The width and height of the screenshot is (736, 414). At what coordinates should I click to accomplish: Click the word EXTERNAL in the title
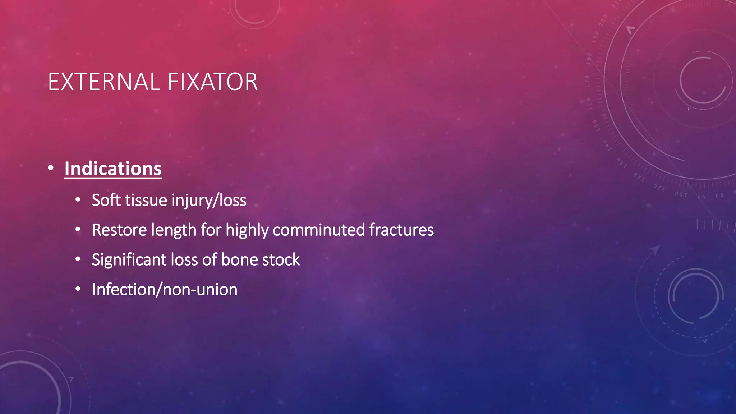pos(104,82)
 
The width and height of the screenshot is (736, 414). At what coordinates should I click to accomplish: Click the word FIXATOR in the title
pos(212,82)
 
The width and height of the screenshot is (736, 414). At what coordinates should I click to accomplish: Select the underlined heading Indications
pos(113,169)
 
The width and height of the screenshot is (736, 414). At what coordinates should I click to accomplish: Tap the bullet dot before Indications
pos(51,168)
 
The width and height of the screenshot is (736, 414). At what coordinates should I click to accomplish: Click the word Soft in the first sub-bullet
pos(106,200)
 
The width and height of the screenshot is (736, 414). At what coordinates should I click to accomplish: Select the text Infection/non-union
pos(165,290)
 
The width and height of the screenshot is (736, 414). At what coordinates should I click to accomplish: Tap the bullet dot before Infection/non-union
pos(78,289)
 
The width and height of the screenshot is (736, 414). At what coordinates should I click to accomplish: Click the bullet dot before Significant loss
pos(78,259)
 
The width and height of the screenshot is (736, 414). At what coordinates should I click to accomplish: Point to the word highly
pos(247,230)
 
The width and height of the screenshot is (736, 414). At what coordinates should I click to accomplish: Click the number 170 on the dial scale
pos(587,81)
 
